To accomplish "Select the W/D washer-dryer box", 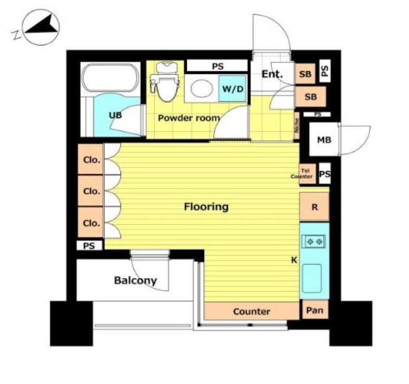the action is click(232, 89).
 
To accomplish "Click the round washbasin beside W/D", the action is click(202, 89).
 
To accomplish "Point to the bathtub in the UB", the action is click(111, 78).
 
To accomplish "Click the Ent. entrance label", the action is click(272, 74).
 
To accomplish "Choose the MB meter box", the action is click(324, 139).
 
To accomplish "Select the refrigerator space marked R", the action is click(315, 207).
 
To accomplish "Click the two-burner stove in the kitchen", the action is click(314, 242).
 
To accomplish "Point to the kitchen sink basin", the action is click(312, 278).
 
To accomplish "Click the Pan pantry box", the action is click(315, 310).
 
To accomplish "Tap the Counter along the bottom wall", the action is click(251, 311).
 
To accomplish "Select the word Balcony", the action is click(136, 280).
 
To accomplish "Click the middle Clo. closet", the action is click(91, 191).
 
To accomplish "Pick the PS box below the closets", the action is click(89, 246).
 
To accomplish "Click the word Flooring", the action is click(206, 207).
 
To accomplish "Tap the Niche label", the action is click(297, 126).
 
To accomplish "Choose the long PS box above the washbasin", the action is click(217, 66).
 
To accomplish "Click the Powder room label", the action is click(189, 118).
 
